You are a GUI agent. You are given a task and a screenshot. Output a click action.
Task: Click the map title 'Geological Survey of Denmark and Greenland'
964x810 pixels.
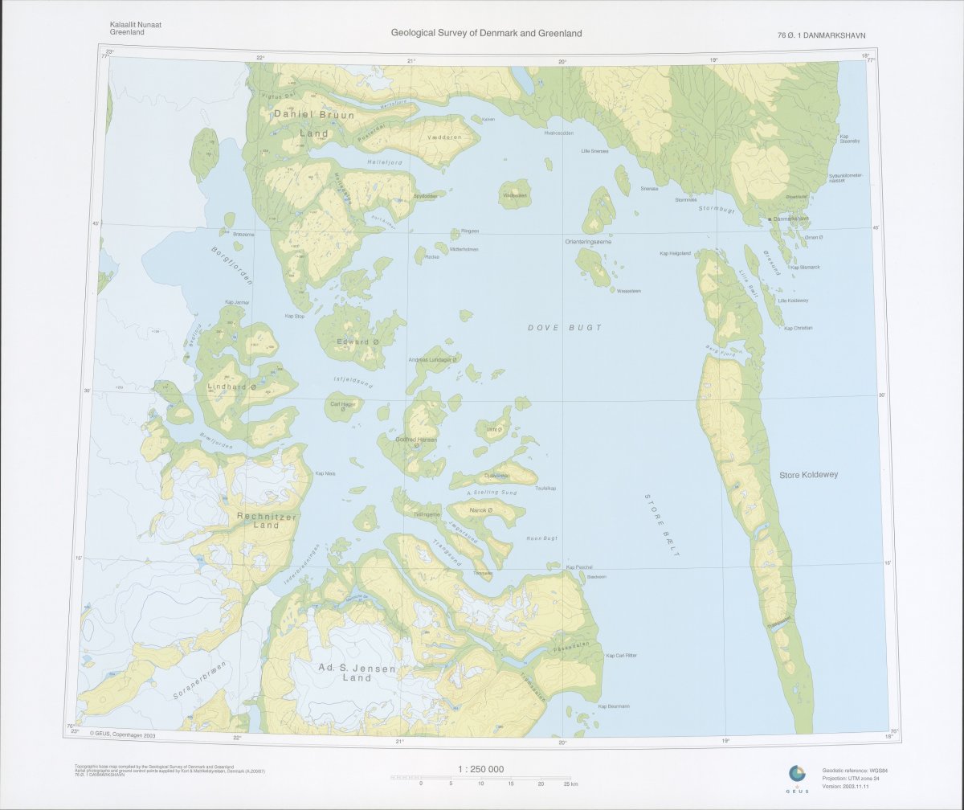486,34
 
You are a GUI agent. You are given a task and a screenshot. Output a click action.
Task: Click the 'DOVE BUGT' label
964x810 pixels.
564,328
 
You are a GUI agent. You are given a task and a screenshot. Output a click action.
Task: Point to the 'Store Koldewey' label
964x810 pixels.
808,475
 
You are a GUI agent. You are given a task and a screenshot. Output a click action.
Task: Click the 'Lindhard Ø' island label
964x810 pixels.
232,387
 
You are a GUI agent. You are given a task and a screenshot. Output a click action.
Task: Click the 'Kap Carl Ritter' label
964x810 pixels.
621,656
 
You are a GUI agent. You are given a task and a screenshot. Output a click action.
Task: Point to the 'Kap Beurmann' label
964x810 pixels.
613,706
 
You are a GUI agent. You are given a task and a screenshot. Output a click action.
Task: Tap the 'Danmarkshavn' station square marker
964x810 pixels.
770,219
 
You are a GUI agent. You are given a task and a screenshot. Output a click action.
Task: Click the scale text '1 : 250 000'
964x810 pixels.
480,769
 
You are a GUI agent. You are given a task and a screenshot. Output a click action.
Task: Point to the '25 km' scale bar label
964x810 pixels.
570,783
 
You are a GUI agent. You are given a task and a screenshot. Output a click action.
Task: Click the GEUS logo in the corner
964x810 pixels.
797,774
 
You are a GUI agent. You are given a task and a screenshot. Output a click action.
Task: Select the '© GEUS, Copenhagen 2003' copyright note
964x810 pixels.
122,734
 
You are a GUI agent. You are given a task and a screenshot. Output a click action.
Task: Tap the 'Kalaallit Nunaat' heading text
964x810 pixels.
136,25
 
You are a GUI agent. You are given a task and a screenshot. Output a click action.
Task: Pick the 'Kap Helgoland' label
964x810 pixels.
675,253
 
